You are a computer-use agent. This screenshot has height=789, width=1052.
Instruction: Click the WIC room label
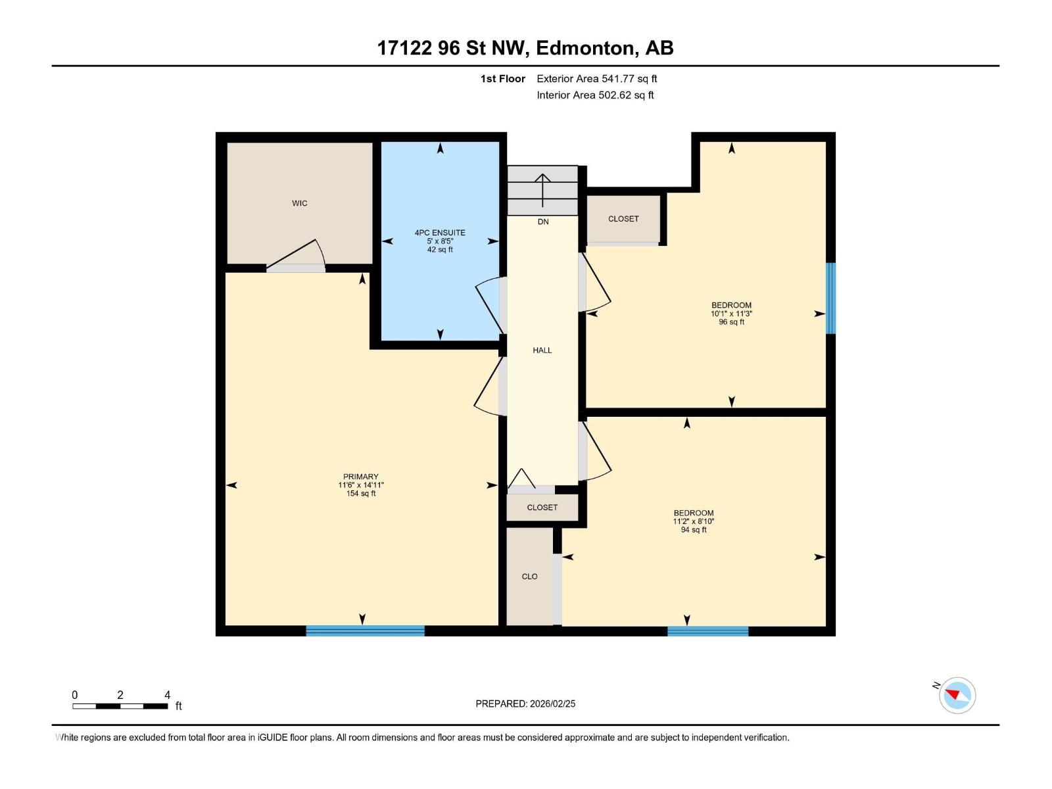click(x=299, y=203)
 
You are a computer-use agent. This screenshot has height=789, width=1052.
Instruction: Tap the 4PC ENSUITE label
click(x=440, y=233)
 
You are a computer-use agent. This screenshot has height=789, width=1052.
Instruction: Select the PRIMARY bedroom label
click(x=361, y=477)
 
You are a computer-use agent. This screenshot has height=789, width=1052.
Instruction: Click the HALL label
click(x=542, y=350)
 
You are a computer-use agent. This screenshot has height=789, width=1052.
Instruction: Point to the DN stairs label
click(x=543, y=222)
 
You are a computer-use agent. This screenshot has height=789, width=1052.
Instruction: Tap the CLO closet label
click(x=529, y=577)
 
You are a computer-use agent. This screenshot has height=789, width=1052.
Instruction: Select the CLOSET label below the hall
click(x=542, y=508)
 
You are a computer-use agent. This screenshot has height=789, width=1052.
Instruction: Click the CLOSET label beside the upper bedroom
click(x=623, y=219)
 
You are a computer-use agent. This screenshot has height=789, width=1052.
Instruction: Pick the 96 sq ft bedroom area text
click(x=731, y=322)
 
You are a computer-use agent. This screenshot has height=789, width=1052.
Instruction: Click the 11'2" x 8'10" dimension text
click(x=693, y=521)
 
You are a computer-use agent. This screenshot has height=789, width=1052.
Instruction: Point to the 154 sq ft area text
click(x=361, y=494)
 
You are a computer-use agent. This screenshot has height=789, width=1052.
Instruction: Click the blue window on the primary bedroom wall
click(x=365, y=631)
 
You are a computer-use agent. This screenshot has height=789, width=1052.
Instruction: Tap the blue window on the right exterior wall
click(x=830, y=298)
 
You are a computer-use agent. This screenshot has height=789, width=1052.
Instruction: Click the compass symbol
click(x=957, y=695)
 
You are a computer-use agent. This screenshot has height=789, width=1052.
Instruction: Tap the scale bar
click(x=120, y=706)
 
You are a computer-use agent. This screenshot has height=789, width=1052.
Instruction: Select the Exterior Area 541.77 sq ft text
click(x=596, y=79)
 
